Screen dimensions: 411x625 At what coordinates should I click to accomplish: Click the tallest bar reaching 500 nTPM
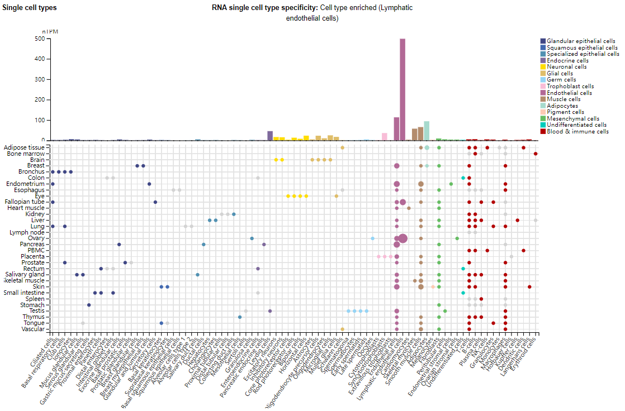[x=403, y=89]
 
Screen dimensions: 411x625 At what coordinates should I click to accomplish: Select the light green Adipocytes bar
[x=427, y=131]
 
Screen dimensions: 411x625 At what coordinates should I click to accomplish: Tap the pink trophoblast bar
[x=385, y=137]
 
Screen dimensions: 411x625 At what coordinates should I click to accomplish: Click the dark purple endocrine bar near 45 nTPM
[x=270, y=136]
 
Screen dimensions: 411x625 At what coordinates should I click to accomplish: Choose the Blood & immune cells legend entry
[x=577, y=132]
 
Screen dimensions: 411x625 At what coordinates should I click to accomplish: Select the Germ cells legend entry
[x=562, y=80]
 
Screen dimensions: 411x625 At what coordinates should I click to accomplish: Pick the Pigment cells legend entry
[x=565, y=112]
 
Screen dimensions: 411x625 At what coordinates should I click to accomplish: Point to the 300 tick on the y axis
[x=40, y=79]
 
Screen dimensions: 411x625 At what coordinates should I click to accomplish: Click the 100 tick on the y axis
[x=40, y=120]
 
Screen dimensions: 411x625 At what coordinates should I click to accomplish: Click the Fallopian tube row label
[x=26, y=202]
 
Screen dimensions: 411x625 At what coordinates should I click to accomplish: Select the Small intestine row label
[x=25, y=293]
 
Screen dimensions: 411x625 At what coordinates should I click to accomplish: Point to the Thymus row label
[x=33, y=317]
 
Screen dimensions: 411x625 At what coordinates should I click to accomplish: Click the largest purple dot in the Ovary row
[x=403, y=238]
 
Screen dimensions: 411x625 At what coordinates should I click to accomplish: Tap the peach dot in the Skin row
[x=433, y=286]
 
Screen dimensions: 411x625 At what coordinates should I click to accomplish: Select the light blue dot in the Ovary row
[x=372, y=238]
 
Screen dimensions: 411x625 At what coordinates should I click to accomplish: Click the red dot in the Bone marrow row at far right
[x=536, y=154]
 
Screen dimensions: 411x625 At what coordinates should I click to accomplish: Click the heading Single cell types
[x=30, y=8]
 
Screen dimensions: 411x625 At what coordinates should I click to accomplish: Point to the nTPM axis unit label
[x=50, y=32]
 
